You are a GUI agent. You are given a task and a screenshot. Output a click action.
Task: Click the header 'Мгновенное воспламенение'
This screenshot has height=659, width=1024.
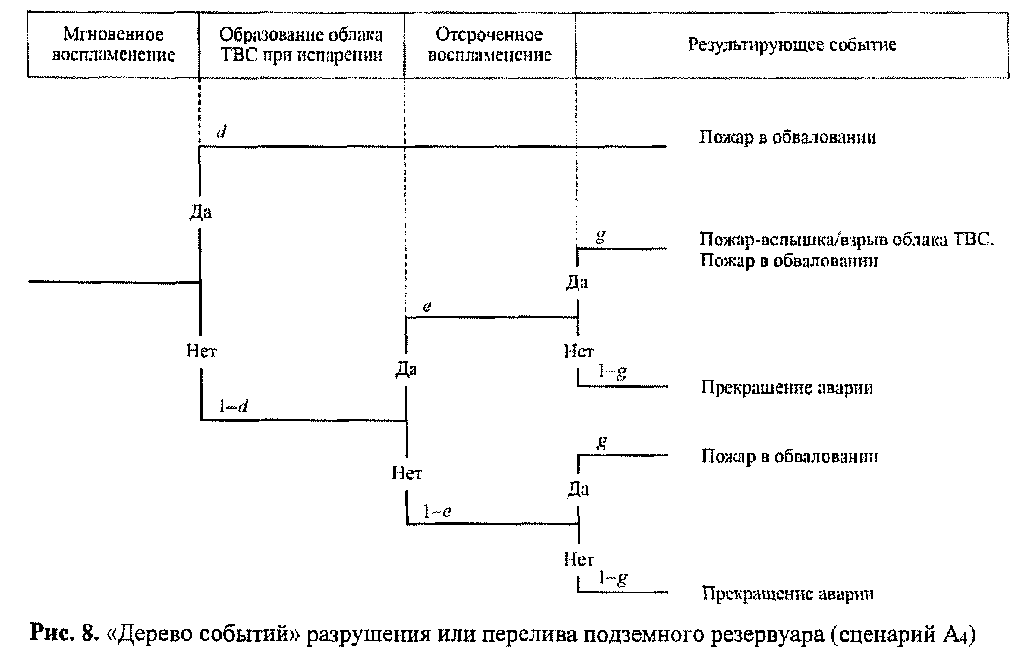coord(113,44)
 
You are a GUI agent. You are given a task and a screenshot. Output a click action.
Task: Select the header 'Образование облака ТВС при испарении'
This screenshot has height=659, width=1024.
coord(301,44)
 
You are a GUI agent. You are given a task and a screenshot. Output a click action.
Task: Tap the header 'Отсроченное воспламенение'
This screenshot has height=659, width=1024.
coord(490,44)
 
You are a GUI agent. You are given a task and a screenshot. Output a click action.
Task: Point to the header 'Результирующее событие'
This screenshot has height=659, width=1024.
coord(792,44)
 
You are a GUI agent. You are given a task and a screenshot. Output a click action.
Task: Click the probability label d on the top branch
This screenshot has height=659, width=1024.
coord(221,132)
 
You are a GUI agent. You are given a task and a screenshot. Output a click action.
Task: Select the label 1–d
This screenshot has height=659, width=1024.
coord(234,406)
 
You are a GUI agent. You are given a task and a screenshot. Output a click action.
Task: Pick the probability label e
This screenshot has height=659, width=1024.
coord(427,307)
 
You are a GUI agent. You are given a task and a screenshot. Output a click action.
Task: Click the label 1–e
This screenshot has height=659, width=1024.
coord(436,511)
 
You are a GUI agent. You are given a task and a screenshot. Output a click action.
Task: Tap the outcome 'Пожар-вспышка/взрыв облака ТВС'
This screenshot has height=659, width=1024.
coord(847,240)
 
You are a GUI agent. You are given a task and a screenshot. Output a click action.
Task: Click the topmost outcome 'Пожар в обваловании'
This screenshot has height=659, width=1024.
coord(787,137)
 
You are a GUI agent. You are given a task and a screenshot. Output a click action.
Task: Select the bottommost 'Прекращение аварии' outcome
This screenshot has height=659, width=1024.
coord(788,593)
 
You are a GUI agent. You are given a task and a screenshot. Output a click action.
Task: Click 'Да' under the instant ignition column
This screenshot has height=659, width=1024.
coord(200,212)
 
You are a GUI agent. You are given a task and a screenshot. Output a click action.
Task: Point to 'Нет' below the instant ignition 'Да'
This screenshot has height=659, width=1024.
coord(201,351)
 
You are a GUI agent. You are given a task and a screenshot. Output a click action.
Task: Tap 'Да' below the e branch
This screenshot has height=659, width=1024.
coord(406,369)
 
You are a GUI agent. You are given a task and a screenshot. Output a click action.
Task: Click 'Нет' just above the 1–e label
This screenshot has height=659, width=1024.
coord(407,473)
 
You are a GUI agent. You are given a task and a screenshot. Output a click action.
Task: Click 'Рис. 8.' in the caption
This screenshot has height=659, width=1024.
coord(62,634)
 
